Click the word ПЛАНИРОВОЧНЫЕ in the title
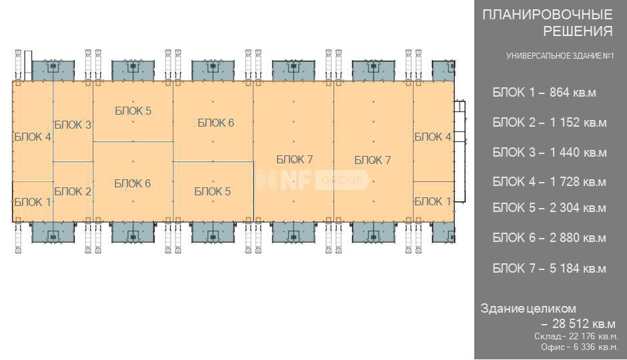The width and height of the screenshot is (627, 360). pyautogui.click(x=548, y=15)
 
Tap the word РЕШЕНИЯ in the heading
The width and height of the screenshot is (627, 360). pyautogui.click(x=578, y=31)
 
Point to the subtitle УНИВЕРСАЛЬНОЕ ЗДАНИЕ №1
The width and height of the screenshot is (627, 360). pyautogui.click(x=560, y=56)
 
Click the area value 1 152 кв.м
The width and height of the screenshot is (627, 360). pyautogui.click(x=578, y=123)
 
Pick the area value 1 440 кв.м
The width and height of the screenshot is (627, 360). pyautogui.click(x=578, y=153)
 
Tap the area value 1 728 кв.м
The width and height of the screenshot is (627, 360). pyautogui.click(x=578, y=182)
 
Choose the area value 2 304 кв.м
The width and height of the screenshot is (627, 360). pyautogui.click(x=578, y=208)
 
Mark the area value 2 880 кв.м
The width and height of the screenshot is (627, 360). pyautogui.click(x=578, y=238)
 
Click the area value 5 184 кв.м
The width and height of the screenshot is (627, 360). pyautogui.click(x=578, y=269)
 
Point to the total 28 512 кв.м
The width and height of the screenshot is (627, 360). pyautogui.click(x=584, y=323)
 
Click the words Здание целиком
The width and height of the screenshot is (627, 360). pyautogui.click(x=528, y=309)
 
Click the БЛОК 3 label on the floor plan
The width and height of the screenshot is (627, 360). pyautogui.click(x=73, y=125)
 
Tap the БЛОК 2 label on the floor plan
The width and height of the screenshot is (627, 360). pyautogui.click(x=73, y=192)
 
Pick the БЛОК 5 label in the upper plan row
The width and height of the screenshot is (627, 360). pyautogui.click(x=133, y=111)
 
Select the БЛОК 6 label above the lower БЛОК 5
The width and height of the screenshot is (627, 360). pyautogui.click(x=216, y=123)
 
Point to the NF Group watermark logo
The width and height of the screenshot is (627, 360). pyautogui.click(x=313, y=180)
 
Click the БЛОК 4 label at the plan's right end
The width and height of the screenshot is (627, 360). pyautogui.click(x=433, y=137)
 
